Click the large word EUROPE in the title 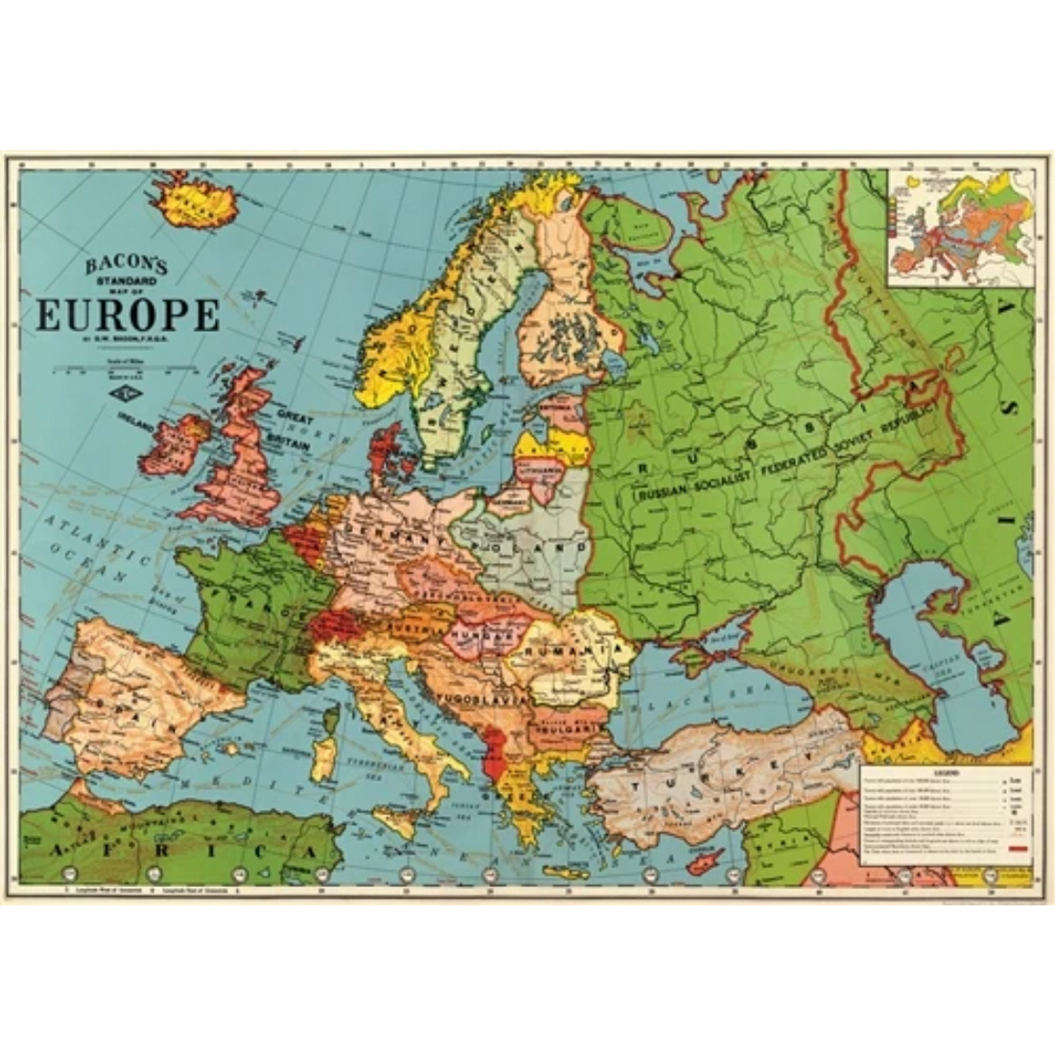tap(127, 313)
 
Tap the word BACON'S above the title tap(127, 264)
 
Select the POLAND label tap(538, 546)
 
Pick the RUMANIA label tap(576, 650)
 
